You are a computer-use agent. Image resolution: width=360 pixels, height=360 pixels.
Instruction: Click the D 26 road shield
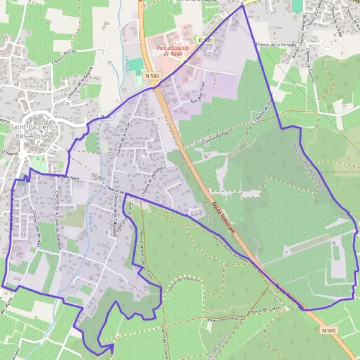pos(106,115)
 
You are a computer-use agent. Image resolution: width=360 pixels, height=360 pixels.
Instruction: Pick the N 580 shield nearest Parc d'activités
pos(152,76)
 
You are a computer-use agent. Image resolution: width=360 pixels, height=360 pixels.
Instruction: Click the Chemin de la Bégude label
pos(81,80)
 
